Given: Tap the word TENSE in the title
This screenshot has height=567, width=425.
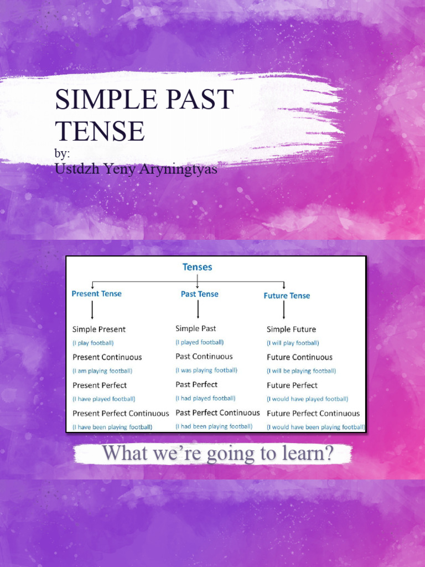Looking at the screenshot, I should (100, 131).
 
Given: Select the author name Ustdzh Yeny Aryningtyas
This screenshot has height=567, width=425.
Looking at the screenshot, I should (136, 169).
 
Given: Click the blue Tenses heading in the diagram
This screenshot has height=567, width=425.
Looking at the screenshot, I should (198, 267).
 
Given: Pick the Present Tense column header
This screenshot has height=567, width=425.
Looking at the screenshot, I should (97, 294).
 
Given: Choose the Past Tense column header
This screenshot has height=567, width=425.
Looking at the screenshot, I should (199, 294).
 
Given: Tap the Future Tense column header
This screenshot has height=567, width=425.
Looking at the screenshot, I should (287, 296).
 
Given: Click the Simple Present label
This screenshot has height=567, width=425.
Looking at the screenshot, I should (99, 329).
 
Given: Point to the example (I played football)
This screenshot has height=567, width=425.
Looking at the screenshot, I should (200, 343).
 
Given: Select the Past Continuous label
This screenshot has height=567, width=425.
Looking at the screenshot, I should (204, 357).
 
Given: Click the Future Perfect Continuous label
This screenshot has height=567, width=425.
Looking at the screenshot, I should (313, 413).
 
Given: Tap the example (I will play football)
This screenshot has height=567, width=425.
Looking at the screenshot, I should (293, 343).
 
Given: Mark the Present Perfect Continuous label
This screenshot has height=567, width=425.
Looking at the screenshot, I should (121, 413).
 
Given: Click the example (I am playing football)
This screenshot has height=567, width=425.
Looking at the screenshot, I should (102, 371).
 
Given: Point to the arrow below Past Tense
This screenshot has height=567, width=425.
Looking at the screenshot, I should (198, 312).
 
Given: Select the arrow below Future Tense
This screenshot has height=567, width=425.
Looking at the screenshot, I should (284, 311).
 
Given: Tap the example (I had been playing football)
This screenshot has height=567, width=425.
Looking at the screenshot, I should (214, 426).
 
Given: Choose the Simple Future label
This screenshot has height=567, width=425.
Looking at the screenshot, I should (291, 329).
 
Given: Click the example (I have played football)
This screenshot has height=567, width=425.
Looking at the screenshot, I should (104, 399).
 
